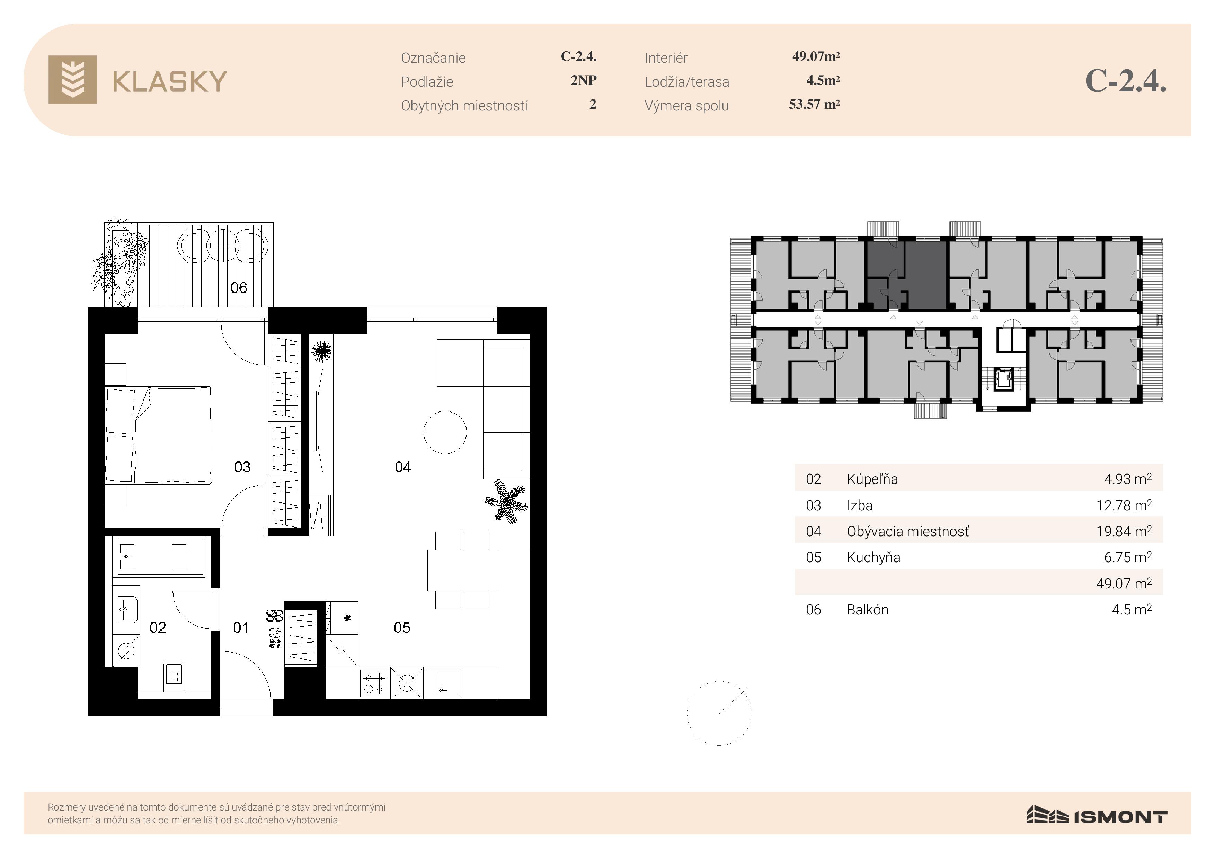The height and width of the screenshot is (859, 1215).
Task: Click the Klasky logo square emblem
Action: (x=72, y=79)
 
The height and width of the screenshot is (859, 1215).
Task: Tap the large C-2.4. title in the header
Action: (x=1126, y=81)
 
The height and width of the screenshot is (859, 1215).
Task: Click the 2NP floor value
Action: (x=583, y=80)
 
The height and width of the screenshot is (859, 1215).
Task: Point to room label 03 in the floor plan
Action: (x=242, y=467)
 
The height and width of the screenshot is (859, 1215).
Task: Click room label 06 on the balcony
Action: (x=239, y=287)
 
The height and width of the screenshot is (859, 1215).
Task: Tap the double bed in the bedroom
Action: (x=159, y=435)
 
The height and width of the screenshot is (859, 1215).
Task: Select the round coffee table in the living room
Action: (x=445, y=432)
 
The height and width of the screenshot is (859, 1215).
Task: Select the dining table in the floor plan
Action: (x=462, y=570)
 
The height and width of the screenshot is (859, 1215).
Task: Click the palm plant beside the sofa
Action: (x=506, y=501)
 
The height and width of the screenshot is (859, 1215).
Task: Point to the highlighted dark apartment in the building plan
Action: (x=906, y=275)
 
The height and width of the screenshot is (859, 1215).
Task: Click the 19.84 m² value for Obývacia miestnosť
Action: (x=1124, y=531)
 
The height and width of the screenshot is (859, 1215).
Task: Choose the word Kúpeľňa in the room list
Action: (x=872, y=479)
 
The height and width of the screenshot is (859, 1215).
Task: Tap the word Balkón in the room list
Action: (x=867, y=610)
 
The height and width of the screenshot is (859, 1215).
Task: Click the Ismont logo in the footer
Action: (x=1097, y=816)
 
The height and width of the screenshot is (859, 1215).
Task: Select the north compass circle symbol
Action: (x=719, y=713)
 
